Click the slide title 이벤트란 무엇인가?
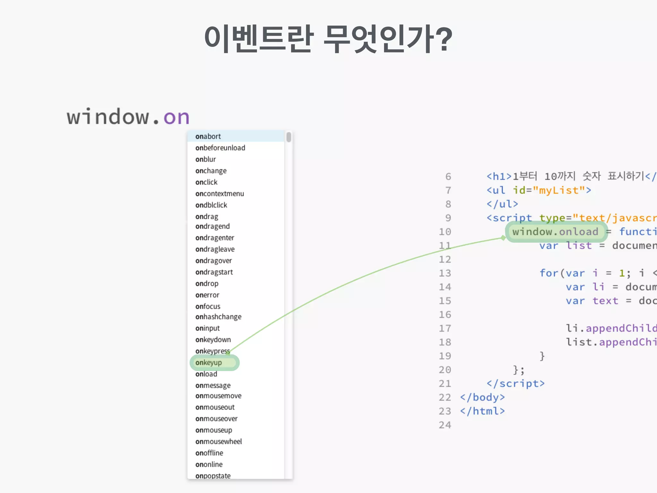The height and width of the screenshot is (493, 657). (328, 39)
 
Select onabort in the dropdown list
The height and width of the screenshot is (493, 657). (208, 136)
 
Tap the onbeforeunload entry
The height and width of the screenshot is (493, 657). (220, 148)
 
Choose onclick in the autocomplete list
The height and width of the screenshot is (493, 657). (206, 182)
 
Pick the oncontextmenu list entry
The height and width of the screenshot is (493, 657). (219, 194)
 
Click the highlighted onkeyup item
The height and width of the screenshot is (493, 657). (209, 363)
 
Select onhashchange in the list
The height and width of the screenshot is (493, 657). (218, 317)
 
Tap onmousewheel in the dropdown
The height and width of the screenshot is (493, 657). (218, 442)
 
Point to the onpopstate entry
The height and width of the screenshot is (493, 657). (213, 476)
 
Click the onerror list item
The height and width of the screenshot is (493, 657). (207, 295)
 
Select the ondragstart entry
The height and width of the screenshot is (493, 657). (214, 272)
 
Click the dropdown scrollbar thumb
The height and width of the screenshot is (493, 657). (289, 137)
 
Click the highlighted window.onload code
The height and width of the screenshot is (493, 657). (555, 231)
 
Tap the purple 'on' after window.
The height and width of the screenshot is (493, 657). (176, 117)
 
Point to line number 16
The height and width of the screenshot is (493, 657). (445, 315)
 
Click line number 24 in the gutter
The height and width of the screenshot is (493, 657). (445, 425)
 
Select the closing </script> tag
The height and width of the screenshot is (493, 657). (515, 384)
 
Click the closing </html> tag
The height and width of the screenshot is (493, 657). (482, 411)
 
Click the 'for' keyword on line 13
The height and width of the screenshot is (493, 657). (549, 273)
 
